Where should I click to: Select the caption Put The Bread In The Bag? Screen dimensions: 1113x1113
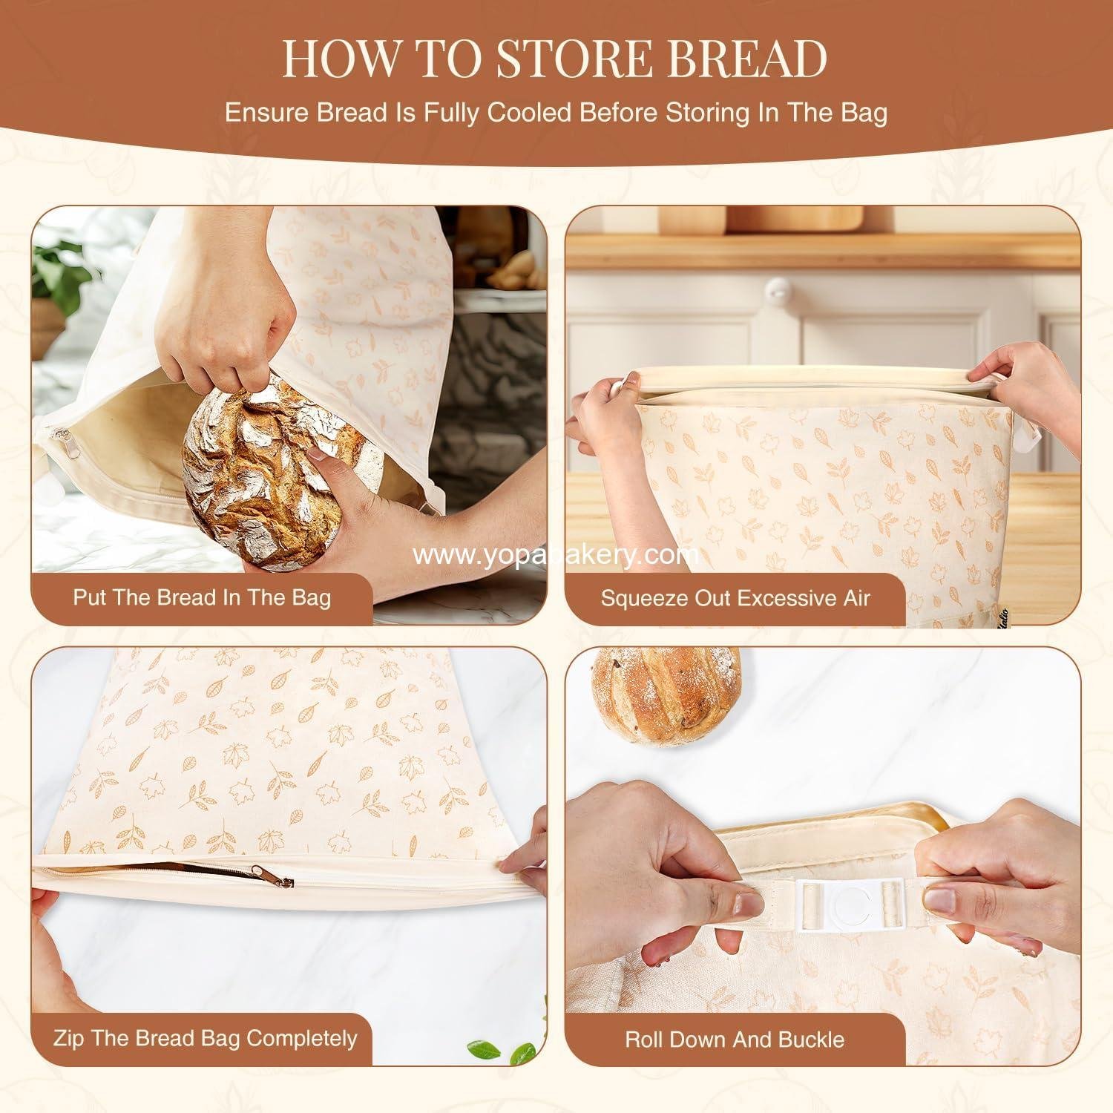pos(201,597)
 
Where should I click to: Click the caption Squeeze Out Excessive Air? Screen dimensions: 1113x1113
pos(735,598)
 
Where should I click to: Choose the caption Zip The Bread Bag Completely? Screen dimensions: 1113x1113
pos(205,1038)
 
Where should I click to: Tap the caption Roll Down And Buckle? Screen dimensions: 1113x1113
pos(735,1039)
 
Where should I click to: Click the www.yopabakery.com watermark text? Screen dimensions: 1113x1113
pos(556,554)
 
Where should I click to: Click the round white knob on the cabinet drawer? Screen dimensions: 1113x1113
pos(777,289)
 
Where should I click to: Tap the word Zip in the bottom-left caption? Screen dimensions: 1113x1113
pos(68,1038)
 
